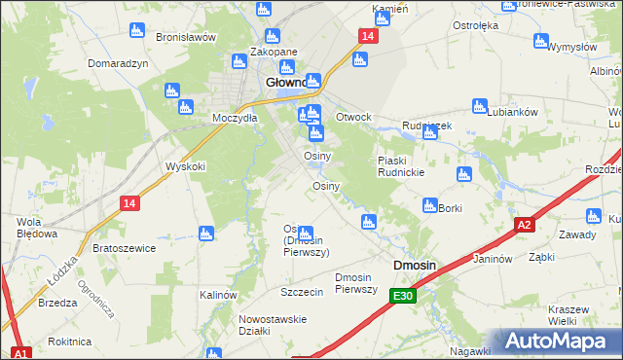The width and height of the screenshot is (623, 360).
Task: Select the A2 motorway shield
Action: click(525, 225)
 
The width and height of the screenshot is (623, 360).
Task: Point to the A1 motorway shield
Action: click(21, 352)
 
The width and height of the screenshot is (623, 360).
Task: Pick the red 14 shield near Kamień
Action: click(366, 36)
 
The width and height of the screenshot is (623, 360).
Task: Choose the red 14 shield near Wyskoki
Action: click(129, 202)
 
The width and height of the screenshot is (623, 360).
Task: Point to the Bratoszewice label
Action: click(124, 248)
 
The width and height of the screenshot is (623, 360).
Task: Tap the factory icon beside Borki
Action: click(429, 205)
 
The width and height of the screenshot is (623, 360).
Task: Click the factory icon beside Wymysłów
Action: click(541, 41)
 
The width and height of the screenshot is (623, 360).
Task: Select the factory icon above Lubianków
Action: click(478, 105)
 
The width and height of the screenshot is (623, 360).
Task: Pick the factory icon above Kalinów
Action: click(205, 233)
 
